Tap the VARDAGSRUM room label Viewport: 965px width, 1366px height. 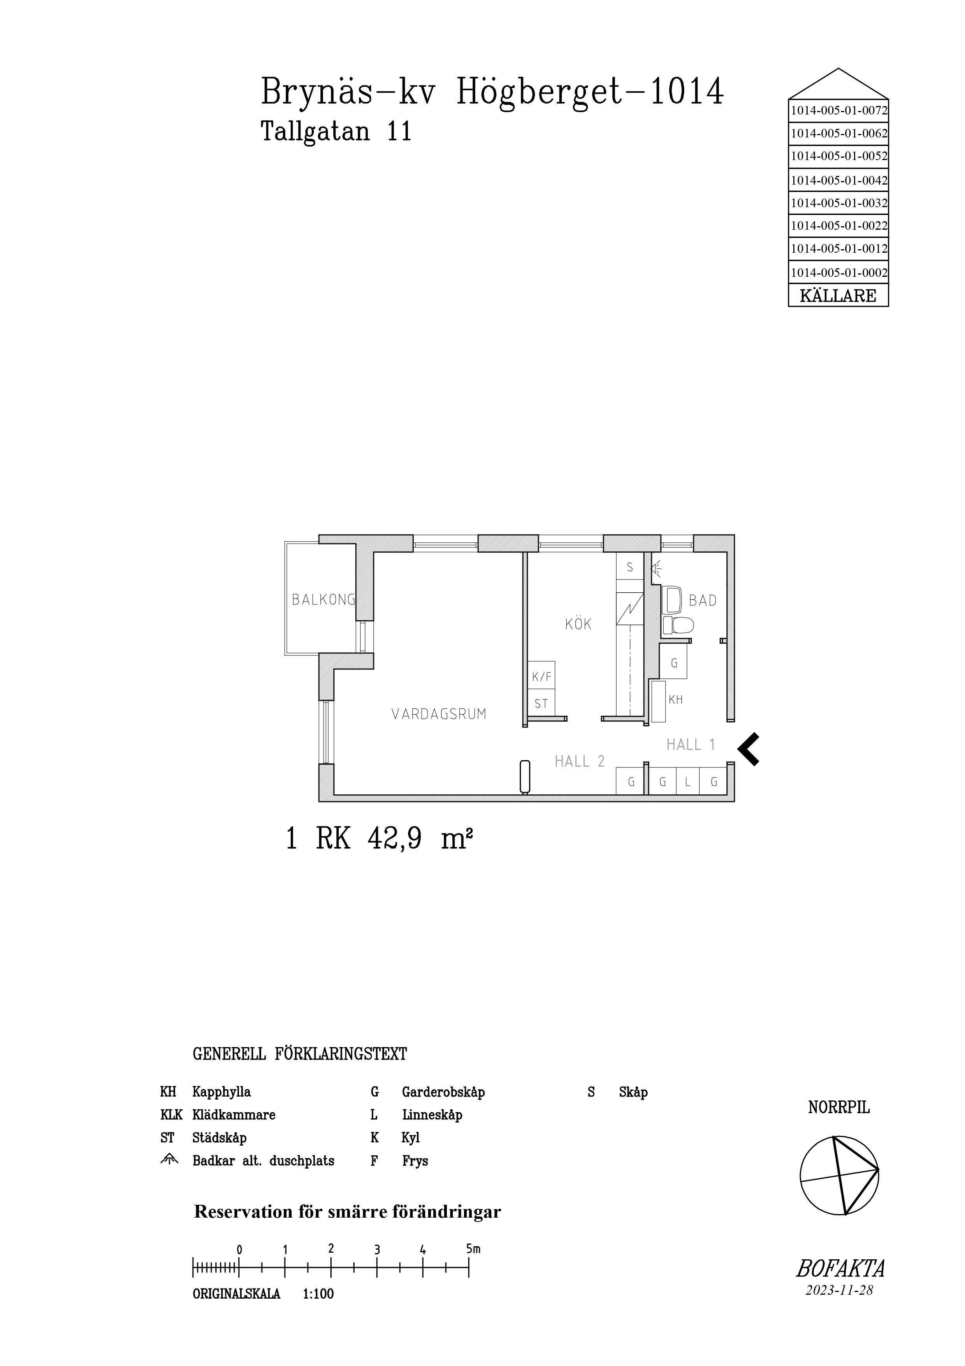[439, 714]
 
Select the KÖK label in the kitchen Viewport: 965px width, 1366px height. [578, 624]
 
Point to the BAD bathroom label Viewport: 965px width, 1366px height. [703, 601]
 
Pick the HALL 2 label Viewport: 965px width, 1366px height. [580, 762]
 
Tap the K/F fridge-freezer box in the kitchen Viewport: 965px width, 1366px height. [541, 676]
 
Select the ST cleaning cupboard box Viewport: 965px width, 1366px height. [541, 704]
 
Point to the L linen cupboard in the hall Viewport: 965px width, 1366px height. [687, 782]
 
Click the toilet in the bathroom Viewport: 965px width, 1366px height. [678, 625]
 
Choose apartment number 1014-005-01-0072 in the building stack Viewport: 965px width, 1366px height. [838, 111]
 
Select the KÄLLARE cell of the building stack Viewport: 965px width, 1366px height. [838, 296]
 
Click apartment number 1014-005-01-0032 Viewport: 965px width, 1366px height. [838, 203]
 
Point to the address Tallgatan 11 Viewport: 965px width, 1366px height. [337, 132]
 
